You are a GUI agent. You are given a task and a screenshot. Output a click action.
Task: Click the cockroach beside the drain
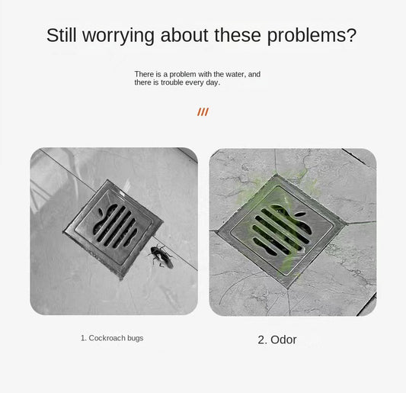pos(161,256)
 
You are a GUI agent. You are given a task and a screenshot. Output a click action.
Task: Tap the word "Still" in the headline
pos(62,35)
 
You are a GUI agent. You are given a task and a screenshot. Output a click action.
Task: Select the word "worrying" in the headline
pos(118,36)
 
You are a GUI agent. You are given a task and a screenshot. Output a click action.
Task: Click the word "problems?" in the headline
pos(312,36)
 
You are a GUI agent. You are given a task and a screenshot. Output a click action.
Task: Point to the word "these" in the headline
pos(238,35)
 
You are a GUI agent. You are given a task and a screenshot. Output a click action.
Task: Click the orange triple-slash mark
pos(203,112)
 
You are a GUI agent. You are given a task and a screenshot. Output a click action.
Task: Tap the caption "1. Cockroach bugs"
pos(112,338)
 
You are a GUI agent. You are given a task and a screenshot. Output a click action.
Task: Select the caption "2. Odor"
pos(277,340)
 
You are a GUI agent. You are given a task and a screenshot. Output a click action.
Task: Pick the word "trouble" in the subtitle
pos(172,82)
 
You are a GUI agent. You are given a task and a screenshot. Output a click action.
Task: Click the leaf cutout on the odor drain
pos(300,214)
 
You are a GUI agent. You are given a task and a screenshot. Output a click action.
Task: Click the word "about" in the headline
pos(184,35)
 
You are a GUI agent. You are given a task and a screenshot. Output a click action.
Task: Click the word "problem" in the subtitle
pos(183,75)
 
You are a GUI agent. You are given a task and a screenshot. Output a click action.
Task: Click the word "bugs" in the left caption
pos(135,339)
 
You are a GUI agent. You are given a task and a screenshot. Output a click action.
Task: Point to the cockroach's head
pos(155,248)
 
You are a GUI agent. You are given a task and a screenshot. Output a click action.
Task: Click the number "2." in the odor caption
pos(262,340)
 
